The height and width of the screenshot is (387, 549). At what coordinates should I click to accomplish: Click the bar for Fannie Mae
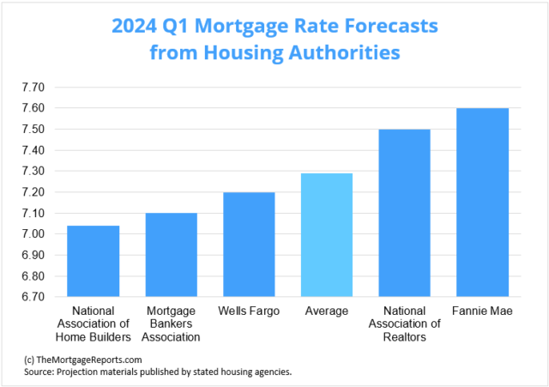pos(482,203)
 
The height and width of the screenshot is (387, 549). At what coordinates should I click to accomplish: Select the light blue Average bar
pos(326,235)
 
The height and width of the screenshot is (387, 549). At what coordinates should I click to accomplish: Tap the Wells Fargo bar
pos(249,245)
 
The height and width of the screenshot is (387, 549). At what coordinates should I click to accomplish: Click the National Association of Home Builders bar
pos(93,261)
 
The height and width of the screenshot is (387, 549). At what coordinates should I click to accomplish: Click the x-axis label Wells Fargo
pos(249,311)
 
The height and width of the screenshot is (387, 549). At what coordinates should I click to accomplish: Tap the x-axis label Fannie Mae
pos(482,311)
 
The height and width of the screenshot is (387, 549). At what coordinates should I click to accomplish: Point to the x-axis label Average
pos(326,311)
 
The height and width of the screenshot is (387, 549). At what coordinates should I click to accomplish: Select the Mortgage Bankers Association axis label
pos(171,324)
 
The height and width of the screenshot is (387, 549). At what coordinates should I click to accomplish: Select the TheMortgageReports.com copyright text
pos(83,360)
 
